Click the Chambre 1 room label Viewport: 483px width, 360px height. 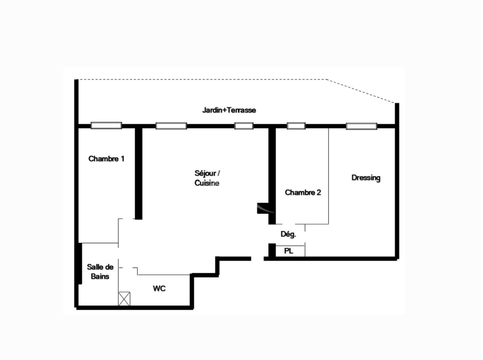pos(106,159)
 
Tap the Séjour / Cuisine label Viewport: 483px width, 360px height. pos(207,178)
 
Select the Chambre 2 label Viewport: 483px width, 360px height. pos(303,192)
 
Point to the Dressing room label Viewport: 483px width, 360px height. pos(366,178)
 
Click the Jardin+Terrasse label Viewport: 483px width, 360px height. pos(229,110)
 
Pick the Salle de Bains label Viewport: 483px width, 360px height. pos(100,272)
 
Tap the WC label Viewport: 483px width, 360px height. pos(159,289)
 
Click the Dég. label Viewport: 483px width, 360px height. pos(288,234)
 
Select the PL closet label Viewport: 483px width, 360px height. pos(288,251)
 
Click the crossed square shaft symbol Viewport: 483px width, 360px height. pos(124,299)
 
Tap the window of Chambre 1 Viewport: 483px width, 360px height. pos(106,125)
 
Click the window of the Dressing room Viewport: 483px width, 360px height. pos(361,126)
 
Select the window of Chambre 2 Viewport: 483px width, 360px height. pos(296,126)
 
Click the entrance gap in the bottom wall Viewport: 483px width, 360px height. pos(257,259)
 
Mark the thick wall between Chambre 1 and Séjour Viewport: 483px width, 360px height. pos(139,174)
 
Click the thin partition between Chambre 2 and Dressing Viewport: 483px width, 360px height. pos(328,176)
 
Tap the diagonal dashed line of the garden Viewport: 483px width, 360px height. pos(361,91)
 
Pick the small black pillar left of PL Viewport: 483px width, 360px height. pos(272,250)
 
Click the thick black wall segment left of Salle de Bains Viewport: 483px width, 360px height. pos(80,263)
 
